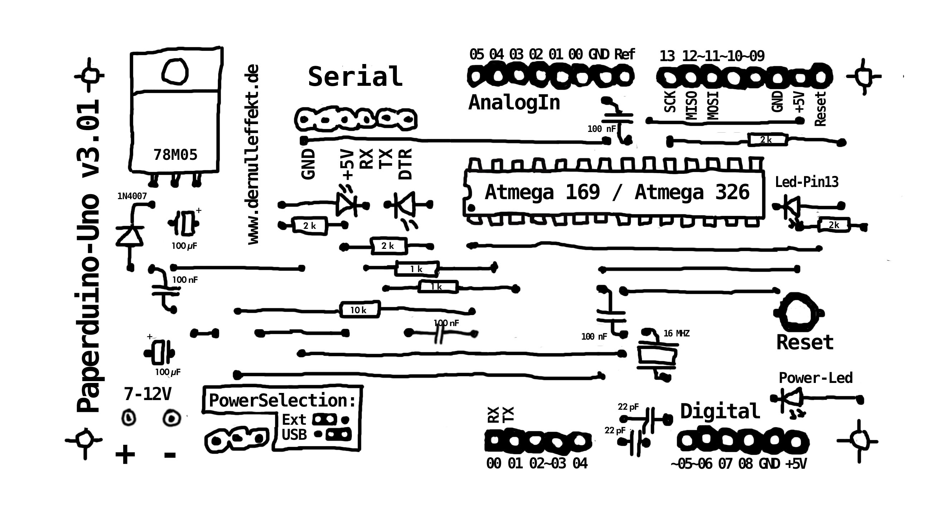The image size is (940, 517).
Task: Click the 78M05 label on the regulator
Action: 175,155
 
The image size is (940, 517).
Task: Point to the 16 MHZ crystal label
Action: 677,333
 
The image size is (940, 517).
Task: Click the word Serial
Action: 355,77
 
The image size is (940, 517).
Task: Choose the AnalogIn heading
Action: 514,103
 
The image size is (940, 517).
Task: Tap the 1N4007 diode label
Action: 132,196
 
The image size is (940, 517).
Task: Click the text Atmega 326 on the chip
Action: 692,192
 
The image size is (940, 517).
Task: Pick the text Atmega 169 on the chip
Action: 542,192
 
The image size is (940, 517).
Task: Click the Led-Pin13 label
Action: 807,182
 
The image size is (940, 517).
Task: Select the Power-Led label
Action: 815,378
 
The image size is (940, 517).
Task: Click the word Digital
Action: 720,411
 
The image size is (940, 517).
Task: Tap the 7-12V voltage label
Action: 147,394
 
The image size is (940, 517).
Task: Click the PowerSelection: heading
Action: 282,400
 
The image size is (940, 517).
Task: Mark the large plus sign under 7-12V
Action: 125,454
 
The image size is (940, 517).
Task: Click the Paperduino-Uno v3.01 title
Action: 88,255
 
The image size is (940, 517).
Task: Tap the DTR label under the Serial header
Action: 405,164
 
